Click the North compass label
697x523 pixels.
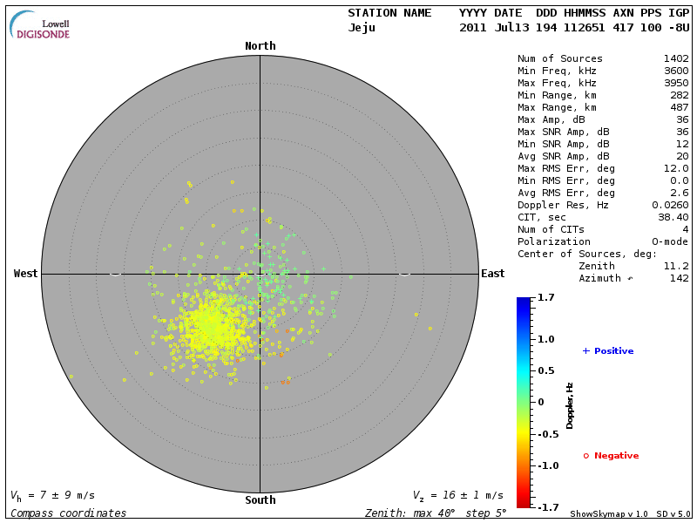(260, 46)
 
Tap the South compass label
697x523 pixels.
(260, 500)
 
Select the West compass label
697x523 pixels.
(26, 274)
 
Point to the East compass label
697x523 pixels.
(493, 274)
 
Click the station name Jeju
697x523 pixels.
(362, 28)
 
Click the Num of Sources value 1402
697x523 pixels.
(675, 59)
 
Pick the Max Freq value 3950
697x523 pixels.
(675, 84)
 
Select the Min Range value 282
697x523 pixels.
(679, 96)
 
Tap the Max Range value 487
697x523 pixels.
(679, 108)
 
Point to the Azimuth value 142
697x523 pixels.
(679, 278)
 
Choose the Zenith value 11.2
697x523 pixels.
(675, 266)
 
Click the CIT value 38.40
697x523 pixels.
(673, 217)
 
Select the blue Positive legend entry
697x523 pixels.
(608, 351)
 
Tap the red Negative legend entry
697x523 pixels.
(611, 456)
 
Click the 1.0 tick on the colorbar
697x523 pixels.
(546, 338)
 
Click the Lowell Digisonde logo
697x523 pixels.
(41, 26)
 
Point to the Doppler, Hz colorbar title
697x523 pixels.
(571, 405)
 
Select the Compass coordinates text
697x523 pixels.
(68, 513)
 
